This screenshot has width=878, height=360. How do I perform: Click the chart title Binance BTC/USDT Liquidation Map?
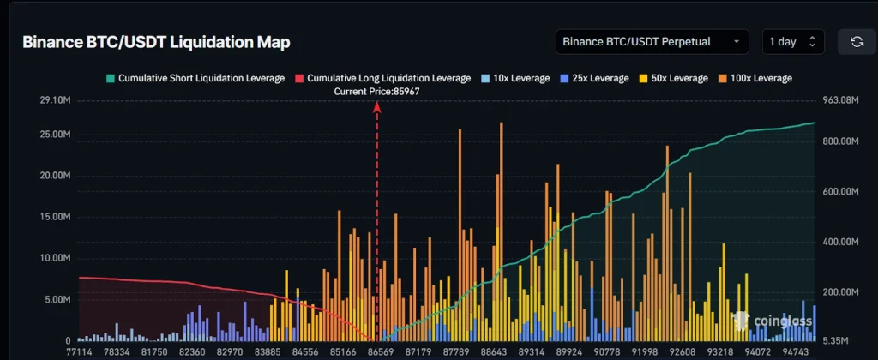155,42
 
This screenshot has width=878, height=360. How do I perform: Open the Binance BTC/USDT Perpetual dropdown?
652,41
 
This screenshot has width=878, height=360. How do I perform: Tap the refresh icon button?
856,41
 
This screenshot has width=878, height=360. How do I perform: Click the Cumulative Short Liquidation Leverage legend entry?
195,78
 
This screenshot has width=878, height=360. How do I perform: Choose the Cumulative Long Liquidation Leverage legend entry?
382,78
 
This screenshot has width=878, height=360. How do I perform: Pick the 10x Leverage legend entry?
515,78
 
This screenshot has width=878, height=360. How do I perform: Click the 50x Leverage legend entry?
673,78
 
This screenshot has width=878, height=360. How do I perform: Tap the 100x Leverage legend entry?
755,78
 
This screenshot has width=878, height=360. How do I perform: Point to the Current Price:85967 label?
377,91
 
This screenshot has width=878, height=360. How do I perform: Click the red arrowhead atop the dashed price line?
376,106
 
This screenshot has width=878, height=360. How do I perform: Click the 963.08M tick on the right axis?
839,101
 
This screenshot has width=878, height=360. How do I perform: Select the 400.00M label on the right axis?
841,242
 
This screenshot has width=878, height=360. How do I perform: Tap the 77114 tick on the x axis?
80,351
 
